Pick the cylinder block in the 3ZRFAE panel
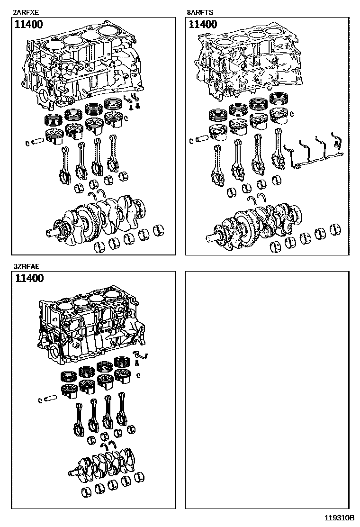(90, 327)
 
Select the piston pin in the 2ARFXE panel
(38, 141)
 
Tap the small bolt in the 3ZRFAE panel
(137, 363)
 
